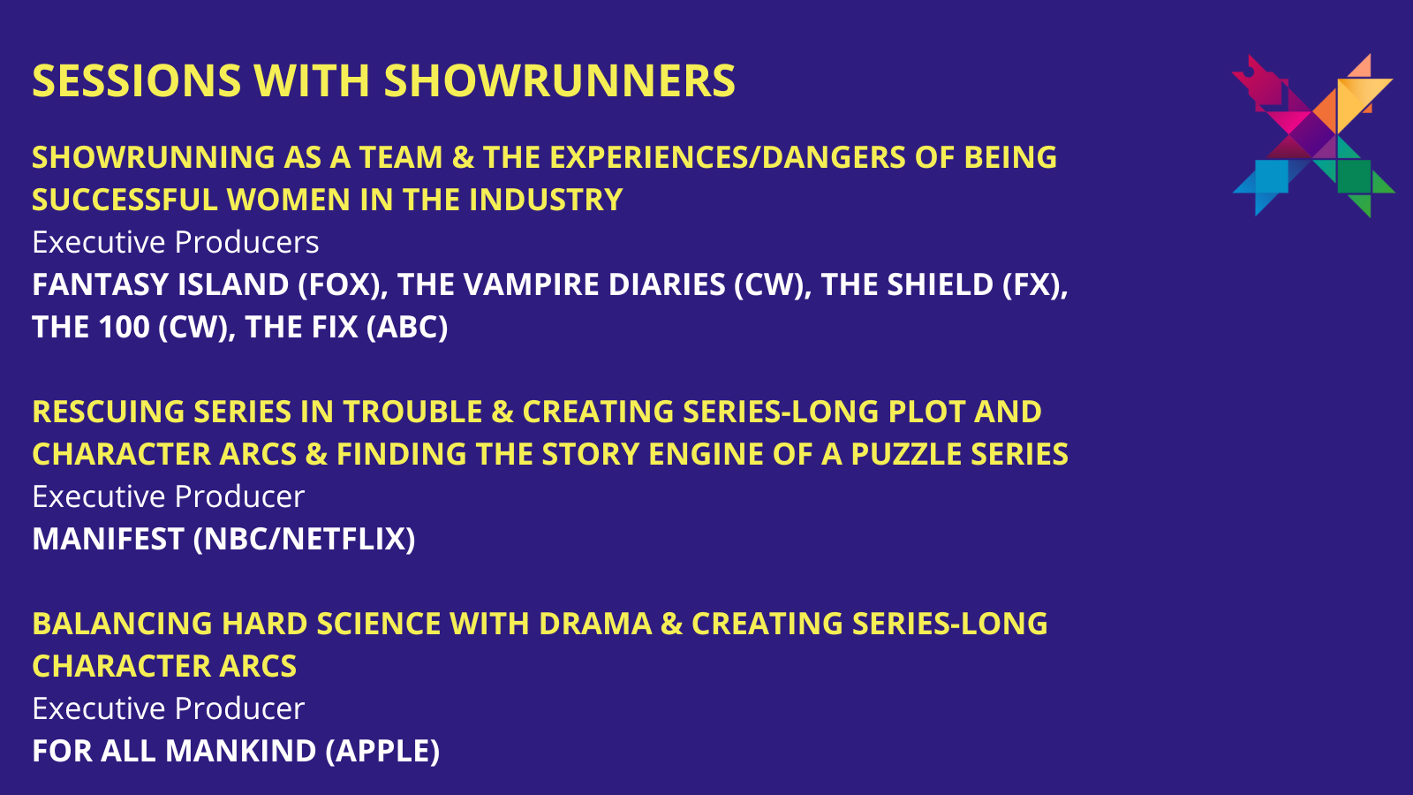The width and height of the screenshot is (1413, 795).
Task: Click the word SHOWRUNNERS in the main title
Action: click(x=560, y=80)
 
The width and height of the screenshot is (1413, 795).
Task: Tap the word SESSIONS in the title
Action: click(x=137, y=80)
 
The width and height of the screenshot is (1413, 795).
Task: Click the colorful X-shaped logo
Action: click(x=1313, y=135)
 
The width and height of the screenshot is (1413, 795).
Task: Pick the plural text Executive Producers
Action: click(x=176, y=242)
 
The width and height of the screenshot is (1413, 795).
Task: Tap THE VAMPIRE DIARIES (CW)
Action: click(x=604, y=284)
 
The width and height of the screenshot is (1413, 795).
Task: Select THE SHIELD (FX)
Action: click(x=944, y=284)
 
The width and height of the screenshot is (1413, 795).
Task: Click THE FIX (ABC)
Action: click(x=346, y=327)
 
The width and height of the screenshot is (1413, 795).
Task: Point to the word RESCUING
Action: click(x=109, y=412)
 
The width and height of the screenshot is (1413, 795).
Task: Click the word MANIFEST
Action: click(x=108, y=539)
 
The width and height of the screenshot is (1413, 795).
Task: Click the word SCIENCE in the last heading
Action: click(x=379, y=624)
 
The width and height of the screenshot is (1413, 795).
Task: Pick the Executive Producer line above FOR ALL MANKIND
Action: click(x=169, y=708)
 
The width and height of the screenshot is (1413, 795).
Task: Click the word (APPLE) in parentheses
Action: click(x=382, y=751)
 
